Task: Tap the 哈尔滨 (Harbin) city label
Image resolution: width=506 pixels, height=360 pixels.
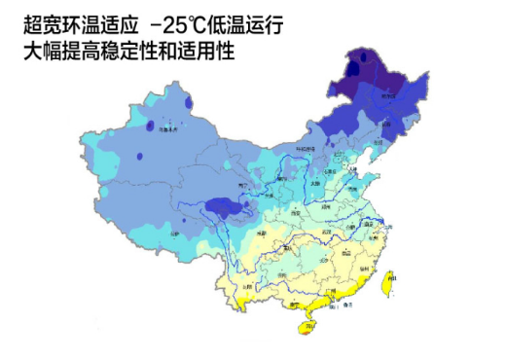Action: pyautogui.click(x=394, y=95)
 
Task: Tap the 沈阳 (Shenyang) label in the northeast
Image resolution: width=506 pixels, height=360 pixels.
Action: pyautogui.click(x=383, y=125)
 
